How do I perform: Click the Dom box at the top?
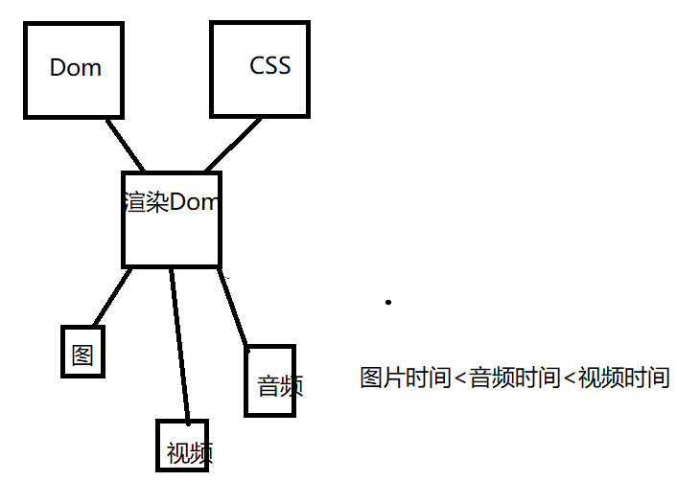tap(73, 69)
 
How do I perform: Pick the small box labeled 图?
tap(82, 351)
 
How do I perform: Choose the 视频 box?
tap(183, 446)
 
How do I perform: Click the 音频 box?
tap(269, 380)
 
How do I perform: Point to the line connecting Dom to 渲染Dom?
tap(125, 144)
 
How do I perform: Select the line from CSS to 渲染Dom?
tap(232, 146)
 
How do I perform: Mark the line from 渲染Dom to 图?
tap(111, 297)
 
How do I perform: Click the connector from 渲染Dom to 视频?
tap(179, 345)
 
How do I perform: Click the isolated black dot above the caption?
tap(388, 302)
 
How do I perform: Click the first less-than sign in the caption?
tap(459, 378)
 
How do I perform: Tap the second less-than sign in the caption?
tap(569, 378)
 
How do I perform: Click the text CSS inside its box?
tap(269, 66)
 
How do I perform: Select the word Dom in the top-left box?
tap(75, 68)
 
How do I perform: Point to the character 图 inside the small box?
tap(82, 354)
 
